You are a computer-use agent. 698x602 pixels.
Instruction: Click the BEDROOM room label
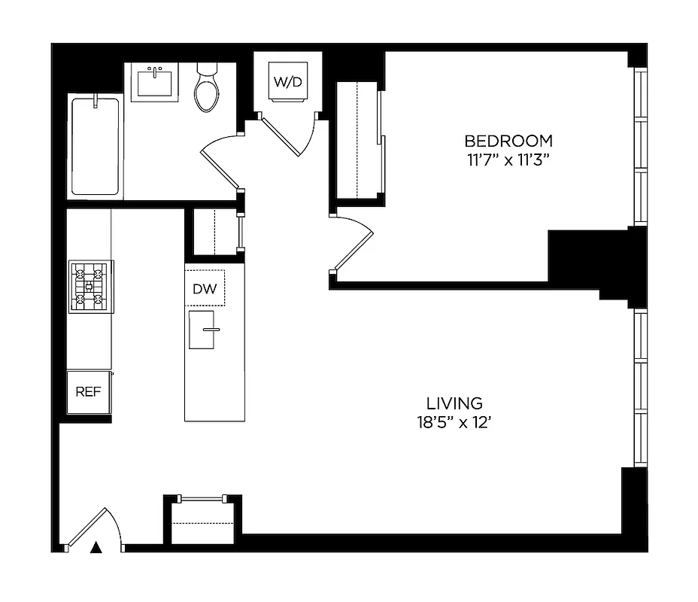click(508, 141)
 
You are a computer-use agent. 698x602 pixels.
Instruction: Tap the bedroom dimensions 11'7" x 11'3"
click(508, 160)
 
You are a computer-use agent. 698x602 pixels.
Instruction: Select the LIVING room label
click(454, 404)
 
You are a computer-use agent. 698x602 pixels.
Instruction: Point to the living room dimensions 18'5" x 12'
click(454, 423)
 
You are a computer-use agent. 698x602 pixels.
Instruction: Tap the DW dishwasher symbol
click(205, 288)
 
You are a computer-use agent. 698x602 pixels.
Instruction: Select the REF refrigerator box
click(89, 392)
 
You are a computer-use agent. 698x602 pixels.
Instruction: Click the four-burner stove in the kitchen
click(91, 287)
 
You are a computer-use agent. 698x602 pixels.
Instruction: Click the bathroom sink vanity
click(156, 83)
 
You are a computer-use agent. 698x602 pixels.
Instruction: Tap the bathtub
click(96, 146)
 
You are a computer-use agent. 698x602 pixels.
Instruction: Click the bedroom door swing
click(354, 245)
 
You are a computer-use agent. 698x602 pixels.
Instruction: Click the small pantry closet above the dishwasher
click(214, 233)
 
